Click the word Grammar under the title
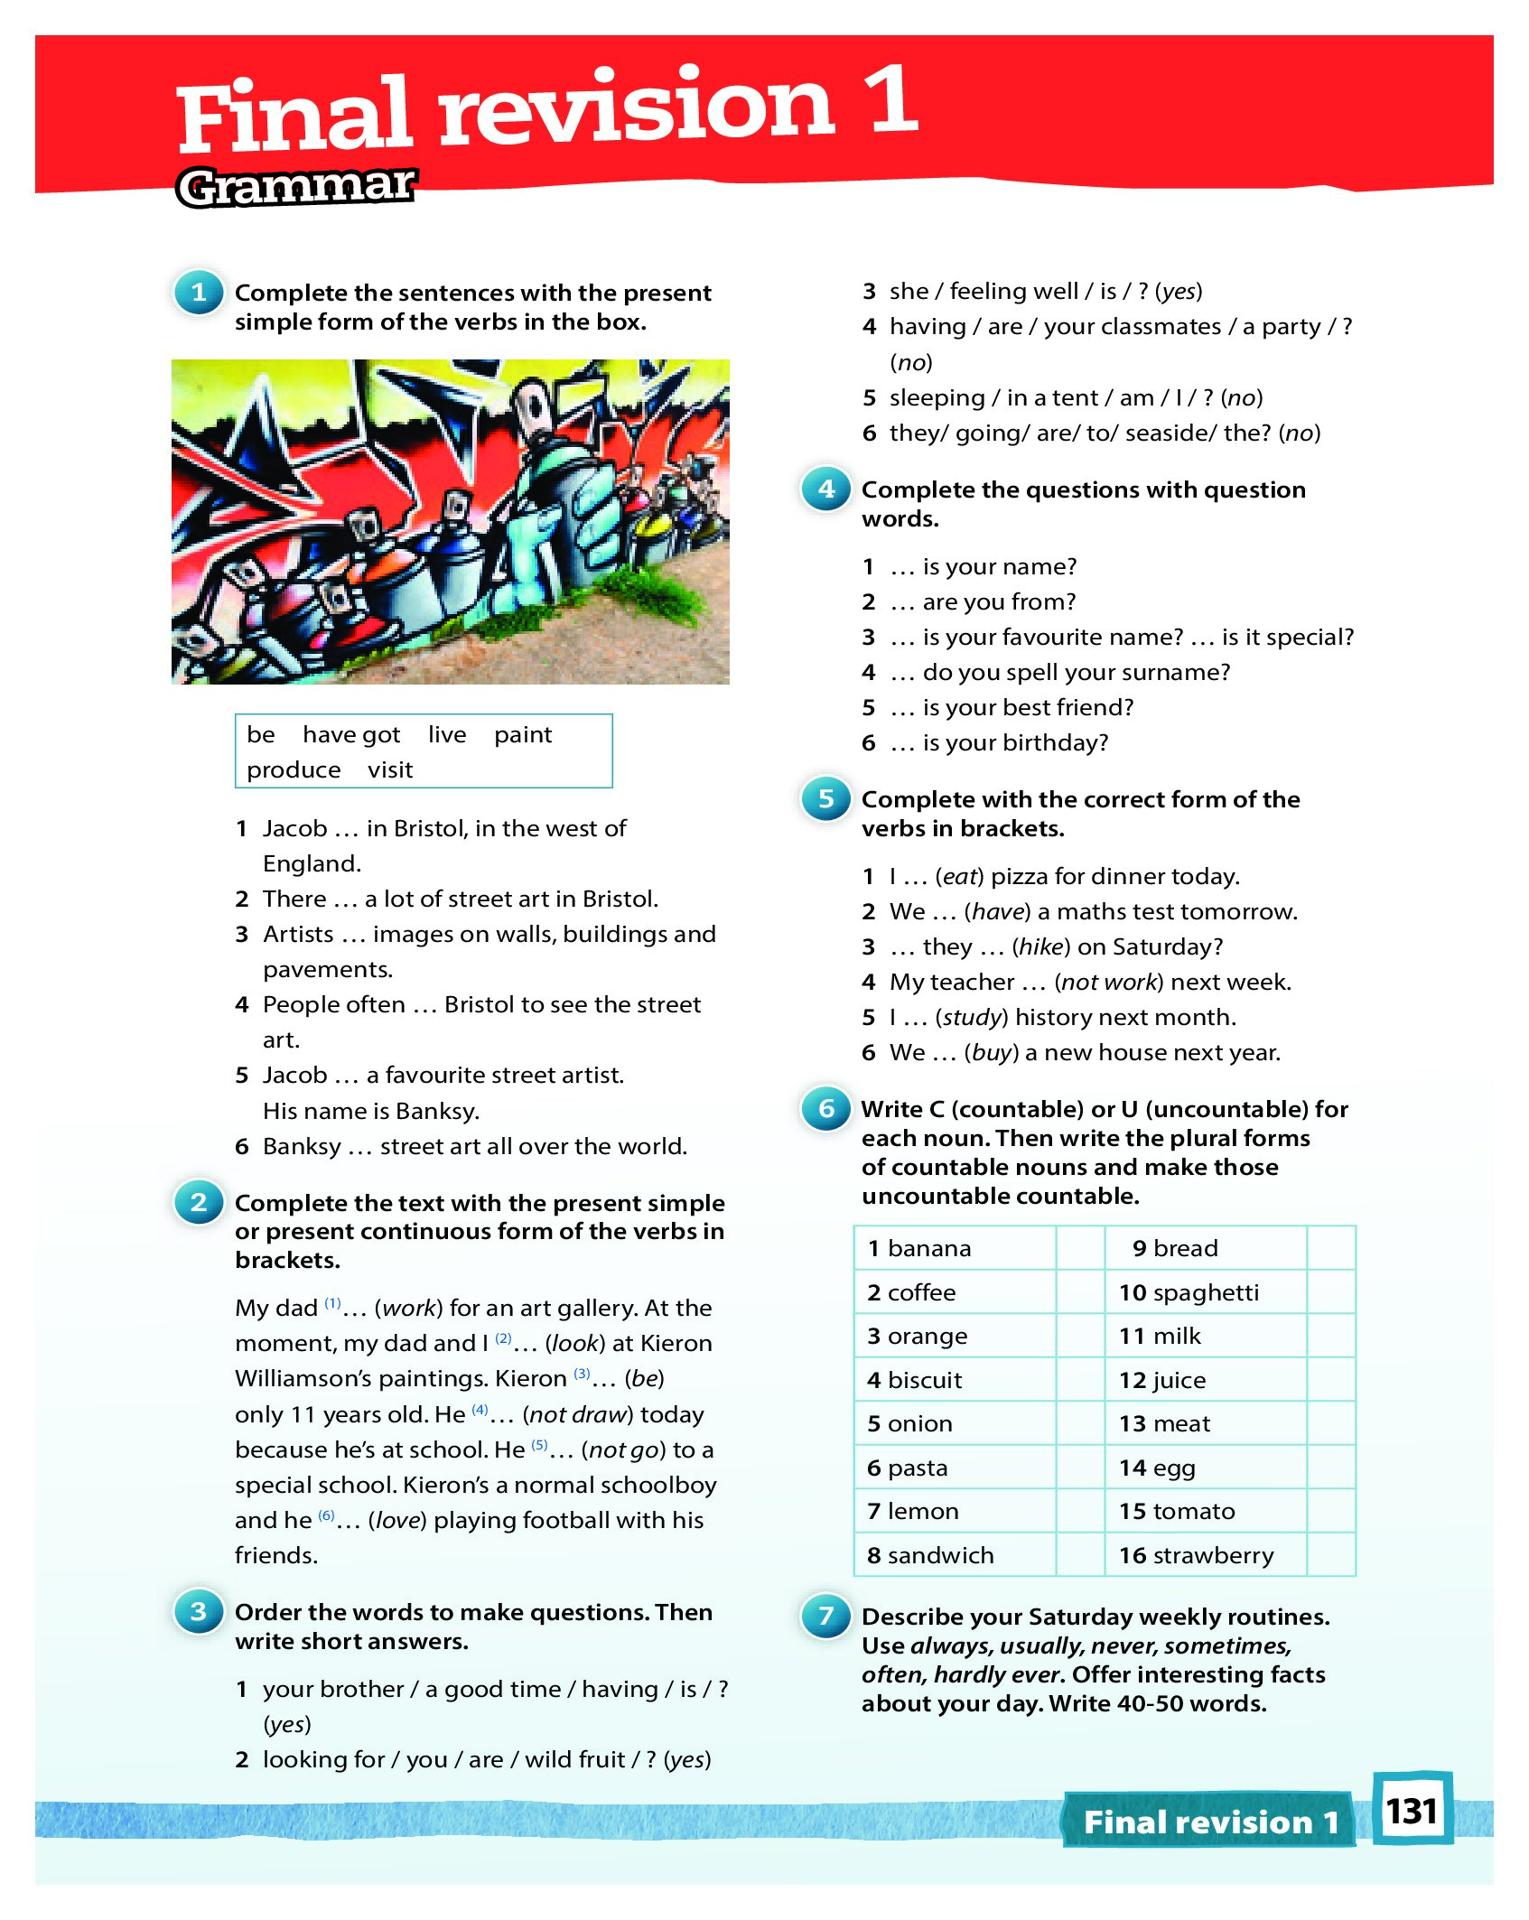[296, 187]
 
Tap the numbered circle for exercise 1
[199, 293]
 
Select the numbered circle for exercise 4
[825, 489]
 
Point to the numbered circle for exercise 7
[825, 1616]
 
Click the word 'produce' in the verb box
[294, 770]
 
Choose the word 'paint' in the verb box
[522, 735]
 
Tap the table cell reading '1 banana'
[954, 1248]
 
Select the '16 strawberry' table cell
[1205, 1555]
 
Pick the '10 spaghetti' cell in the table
[1205, 1292]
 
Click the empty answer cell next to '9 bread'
[1330, 1248]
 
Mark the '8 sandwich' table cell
[954, 1555]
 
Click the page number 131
[1411, 1811]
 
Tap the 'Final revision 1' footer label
[1210, 1822]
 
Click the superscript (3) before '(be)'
[582, 1374]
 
